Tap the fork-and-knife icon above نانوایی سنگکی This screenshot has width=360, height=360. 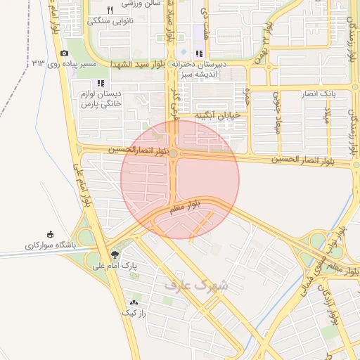point(110,10)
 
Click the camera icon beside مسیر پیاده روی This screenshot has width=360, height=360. point(65,53)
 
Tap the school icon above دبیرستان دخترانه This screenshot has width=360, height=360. point(199,53)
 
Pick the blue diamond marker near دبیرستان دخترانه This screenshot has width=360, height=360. point(184,53)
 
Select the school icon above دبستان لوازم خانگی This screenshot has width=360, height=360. point(110,84)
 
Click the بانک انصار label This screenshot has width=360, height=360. point(321,94)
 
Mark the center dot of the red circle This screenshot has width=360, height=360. point(174,153)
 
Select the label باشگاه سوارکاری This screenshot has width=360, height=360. point(49,246)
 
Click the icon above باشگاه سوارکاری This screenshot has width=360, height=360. point(49,235)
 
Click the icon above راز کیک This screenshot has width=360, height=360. point(133,302)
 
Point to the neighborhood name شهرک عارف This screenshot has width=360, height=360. point(196,285)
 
